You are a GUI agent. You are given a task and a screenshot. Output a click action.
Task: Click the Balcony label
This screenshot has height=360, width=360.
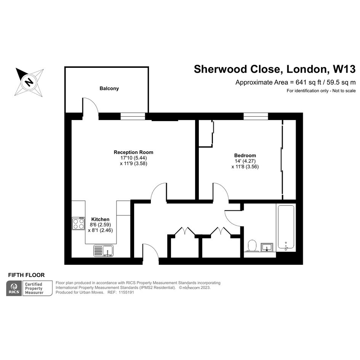[x=109, y=88]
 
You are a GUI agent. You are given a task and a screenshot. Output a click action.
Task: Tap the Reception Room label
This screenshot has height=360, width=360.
[x=133, y=152]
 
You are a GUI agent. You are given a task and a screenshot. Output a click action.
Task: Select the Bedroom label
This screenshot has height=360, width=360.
[x=245, y=155]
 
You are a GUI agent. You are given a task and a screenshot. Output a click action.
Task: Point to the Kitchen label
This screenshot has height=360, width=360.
[x=100, y=219]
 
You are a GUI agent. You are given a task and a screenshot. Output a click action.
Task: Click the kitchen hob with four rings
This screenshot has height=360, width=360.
[x=78, y=223]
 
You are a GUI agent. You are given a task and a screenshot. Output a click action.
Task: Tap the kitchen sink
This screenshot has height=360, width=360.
[x=103, y=251]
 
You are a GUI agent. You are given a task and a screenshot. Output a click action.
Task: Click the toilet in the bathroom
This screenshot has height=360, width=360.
[x=252, y=246]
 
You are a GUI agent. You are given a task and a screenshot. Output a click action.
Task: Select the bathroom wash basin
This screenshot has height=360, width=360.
[x=267, y=247]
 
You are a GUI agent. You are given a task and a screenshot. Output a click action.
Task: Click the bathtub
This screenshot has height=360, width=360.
[x=286, y=227]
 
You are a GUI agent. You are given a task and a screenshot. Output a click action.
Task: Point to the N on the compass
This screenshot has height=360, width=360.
[x=29, y=82]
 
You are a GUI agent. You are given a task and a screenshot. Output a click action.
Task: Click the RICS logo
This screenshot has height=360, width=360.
[x=14, y=288]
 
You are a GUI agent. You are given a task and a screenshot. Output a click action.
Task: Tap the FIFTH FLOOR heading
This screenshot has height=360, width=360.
[x=26, y=275]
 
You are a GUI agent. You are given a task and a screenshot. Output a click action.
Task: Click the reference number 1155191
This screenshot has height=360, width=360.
[x=126, y=293]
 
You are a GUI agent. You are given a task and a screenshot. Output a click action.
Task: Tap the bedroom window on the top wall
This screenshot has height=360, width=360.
[x=256, y=116]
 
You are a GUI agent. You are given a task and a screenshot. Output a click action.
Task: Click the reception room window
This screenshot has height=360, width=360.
[x=133, y=116]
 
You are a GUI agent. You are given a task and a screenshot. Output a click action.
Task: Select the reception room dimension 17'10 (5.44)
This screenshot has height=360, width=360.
[x=134, y=158]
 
